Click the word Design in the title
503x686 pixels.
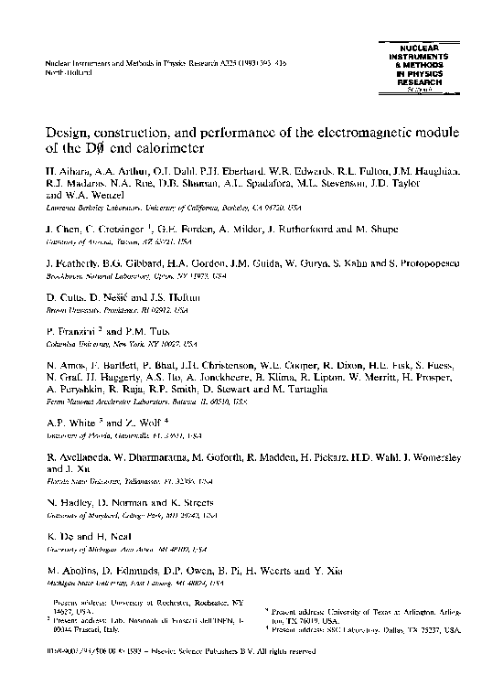(70, 132)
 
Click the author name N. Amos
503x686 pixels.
(66, 363)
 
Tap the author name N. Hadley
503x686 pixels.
(69, 503)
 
